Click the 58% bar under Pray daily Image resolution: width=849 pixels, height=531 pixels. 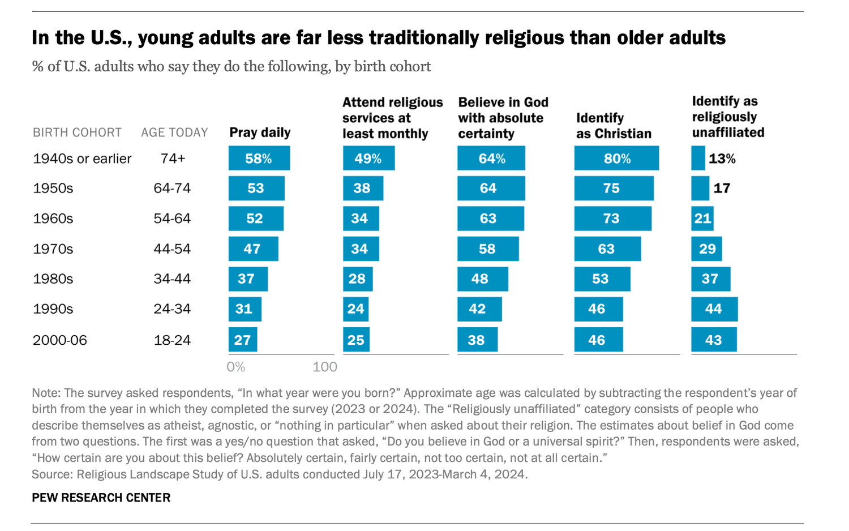click(x=259, y=159)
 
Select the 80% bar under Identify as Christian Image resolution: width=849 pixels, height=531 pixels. click(x=616, y=159)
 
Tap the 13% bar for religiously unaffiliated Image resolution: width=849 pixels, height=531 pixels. click(x=698, y=159)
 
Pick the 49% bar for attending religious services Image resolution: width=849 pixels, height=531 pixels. click(x=368, y=159)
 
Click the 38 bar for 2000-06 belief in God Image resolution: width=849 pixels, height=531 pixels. click(x=477, y=340)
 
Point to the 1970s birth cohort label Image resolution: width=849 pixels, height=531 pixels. click(x=53, y=249)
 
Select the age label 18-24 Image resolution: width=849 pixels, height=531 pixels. click(x=172, y=340)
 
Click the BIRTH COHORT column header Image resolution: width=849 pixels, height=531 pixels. click(x=77, y=132)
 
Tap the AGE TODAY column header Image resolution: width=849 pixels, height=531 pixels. click(x=174, y=132)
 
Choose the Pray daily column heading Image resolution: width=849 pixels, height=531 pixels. click(x=260, y=132)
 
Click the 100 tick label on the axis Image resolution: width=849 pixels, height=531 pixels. click(x=325, y=367)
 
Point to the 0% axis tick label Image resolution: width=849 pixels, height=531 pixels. click(x=235, y=367)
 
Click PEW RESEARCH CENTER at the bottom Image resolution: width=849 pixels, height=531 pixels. click(x=101, y=498)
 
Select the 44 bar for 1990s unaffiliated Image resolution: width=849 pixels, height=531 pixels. click(x=714, y=309)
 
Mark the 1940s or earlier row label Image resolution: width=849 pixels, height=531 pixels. click(x=82, y=159)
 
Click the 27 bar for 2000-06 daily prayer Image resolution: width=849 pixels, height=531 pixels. click(x=243, y=340)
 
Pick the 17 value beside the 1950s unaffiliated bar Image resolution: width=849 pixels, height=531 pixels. click(x=722, y=189)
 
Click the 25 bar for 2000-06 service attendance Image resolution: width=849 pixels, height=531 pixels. click(x=356, y=340)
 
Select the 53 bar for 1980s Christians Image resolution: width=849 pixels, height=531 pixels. click(x=602, y=279)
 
